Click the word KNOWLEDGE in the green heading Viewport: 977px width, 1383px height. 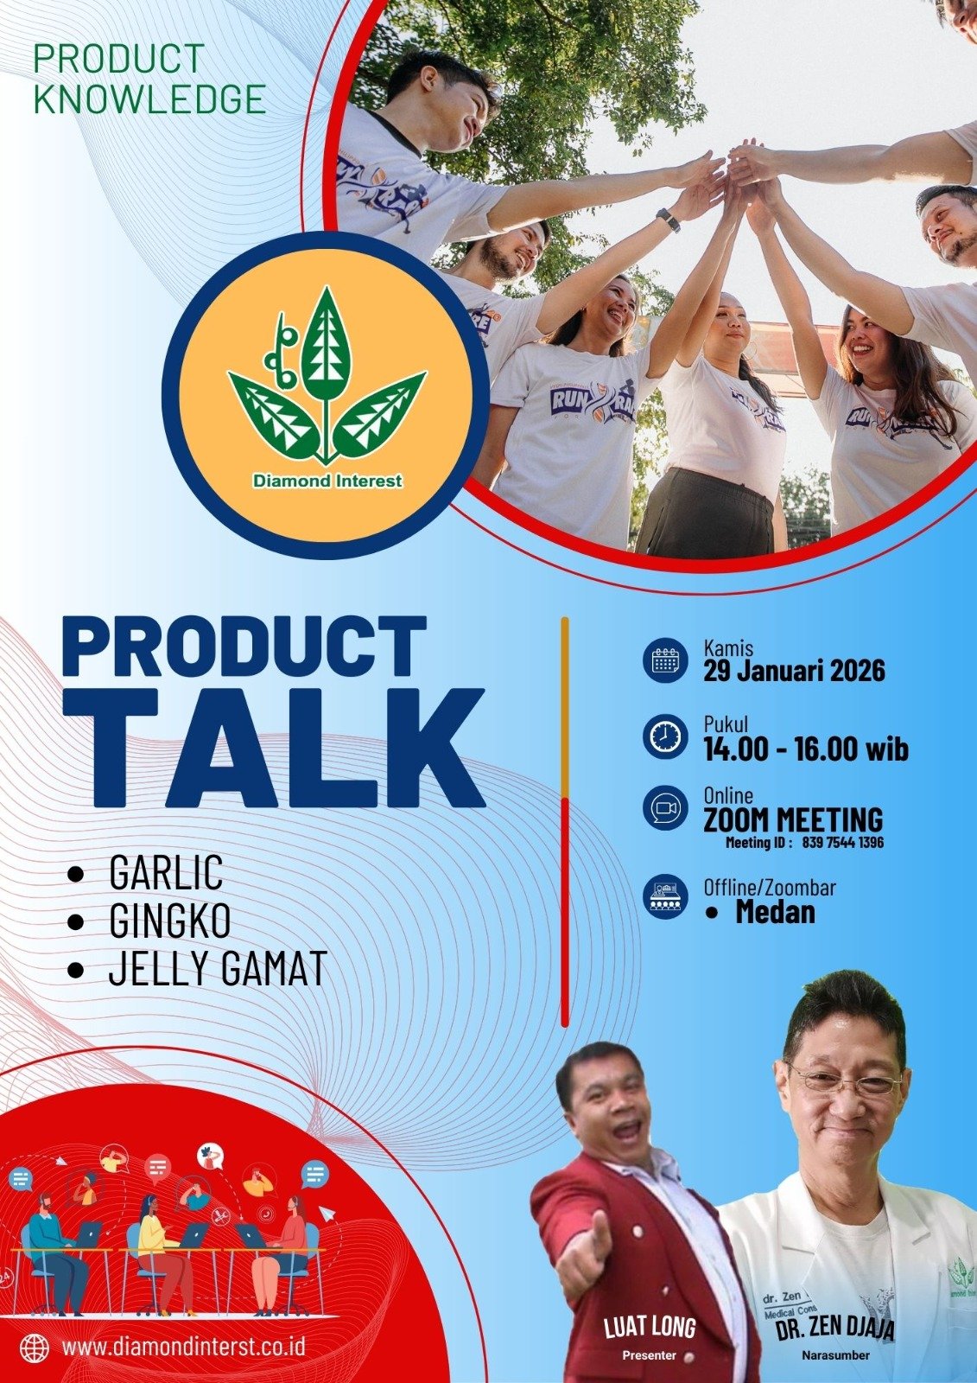tap(150, 99)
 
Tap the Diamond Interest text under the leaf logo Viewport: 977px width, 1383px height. tap(327, 481)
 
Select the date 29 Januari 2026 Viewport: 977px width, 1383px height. tap(795, 671)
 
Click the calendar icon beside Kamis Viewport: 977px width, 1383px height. tap(664, 660)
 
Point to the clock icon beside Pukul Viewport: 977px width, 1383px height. tap(664, 736)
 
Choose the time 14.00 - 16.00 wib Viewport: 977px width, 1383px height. tap(806, 749)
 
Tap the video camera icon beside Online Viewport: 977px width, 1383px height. tap(664, 808)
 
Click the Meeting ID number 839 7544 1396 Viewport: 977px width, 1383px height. tap(842, 842)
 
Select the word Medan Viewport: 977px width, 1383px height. tap(775, 912)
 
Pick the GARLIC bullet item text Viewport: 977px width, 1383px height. tap(165, 871)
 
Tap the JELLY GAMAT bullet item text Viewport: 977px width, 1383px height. tap(218, 969)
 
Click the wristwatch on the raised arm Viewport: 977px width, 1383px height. tap(668, 220)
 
